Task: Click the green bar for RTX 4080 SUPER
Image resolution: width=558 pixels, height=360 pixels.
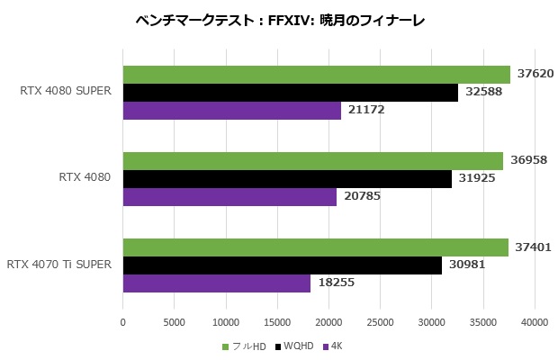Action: tap(316, 75)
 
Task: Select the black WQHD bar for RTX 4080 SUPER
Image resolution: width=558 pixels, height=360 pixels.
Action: tap(290, 93)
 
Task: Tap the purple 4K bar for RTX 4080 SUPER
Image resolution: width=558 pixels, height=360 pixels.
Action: tap(231, 111)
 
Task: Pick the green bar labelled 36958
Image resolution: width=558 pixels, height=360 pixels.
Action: tap(312, 161)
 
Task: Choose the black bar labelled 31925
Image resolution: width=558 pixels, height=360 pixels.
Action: tap(286, 179)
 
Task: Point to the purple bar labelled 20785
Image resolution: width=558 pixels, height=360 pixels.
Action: tap(229, 197)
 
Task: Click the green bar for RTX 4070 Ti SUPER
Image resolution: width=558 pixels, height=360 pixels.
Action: tap(315, 247)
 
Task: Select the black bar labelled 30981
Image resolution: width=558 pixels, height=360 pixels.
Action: tap(282, 265)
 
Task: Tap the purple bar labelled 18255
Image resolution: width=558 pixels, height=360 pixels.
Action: tap(216, 283)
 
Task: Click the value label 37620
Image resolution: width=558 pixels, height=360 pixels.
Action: tap(535, 75)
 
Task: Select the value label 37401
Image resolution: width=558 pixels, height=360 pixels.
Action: tap(533, 247)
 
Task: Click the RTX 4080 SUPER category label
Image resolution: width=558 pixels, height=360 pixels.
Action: tap(66, 90)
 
